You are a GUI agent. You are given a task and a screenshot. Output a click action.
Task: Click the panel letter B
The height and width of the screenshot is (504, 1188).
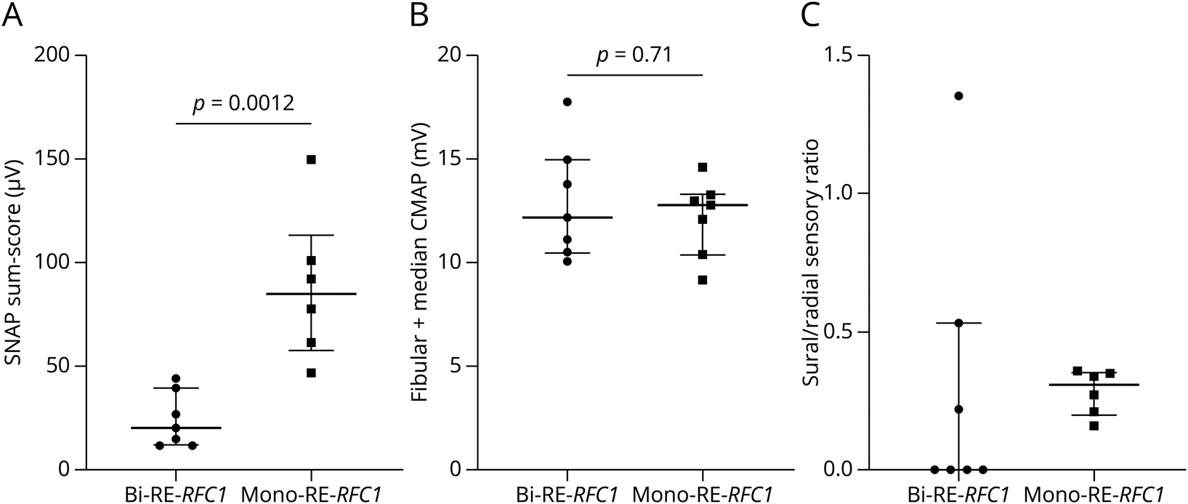pyautogui.click(x=419, y=15)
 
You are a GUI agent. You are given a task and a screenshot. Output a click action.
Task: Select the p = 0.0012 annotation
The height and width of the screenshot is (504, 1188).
pyautogui.click(x=243, y=103)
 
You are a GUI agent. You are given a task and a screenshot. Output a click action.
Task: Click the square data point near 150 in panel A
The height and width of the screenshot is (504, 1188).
pyautogui.click(x=311, y=159)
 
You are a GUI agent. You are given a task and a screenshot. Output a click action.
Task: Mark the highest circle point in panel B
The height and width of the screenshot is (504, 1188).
pyautogui.click(x=567, y=102)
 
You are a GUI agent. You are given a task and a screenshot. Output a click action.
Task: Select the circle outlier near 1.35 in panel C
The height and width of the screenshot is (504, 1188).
pyautogui.click(x=958, y=96)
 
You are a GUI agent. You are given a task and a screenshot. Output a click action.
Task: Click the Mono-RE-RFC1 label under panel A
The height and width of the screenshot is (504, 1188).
pyautogui.click(x=311, y=494)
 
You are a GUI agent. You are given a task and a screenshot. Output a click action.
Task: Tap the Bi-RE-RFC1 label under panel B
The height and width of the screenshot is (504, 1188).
pyautogui.click(x=567, y=494)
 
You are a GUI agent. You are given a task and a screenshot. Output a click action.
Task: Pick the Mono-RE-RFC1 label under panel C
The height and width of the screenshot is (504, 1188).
pyautogui.click(x=1094, y=494)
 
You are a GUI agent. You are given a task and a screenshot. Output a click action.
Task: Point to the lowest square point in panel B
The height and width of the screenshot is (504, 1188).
pyautogui.click(x=703, y=280)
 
